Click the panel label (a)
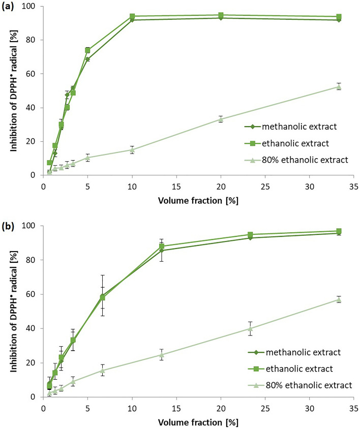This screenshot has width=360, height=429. (10, 7)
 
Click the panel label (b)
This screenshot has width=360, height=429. (10, 225)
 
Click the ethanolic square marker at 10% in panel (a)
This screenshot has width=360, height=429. (132, 16)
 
